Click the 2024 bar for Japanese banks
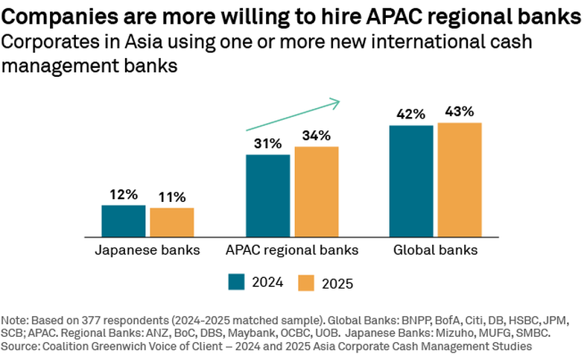pos(124,220)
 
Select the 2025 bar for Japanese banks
pos(172,221)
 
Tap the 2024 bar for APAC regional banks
pos(268,195)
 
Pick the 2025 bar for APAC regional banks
pos(317,191)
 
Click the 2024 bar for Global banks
pos(411,180)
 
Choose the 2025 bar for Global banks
pos(460,179)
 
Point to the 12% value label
pos(124,195)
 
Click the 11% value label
pos(172,198)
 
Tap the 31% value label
pos(268,144)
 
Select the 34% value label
pos(317,136)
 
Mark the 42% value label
pos(411,114)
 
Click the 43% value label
pos(460,112)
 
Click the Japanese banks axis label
pos(147,250)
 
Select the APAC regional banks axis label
pos(292,250)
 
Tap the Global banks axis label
pos(436,250)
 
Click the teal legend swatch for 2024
pos(236,282)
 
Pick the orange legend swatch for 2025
pos(306,282)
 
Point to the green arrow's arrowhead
pos(336,101)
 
